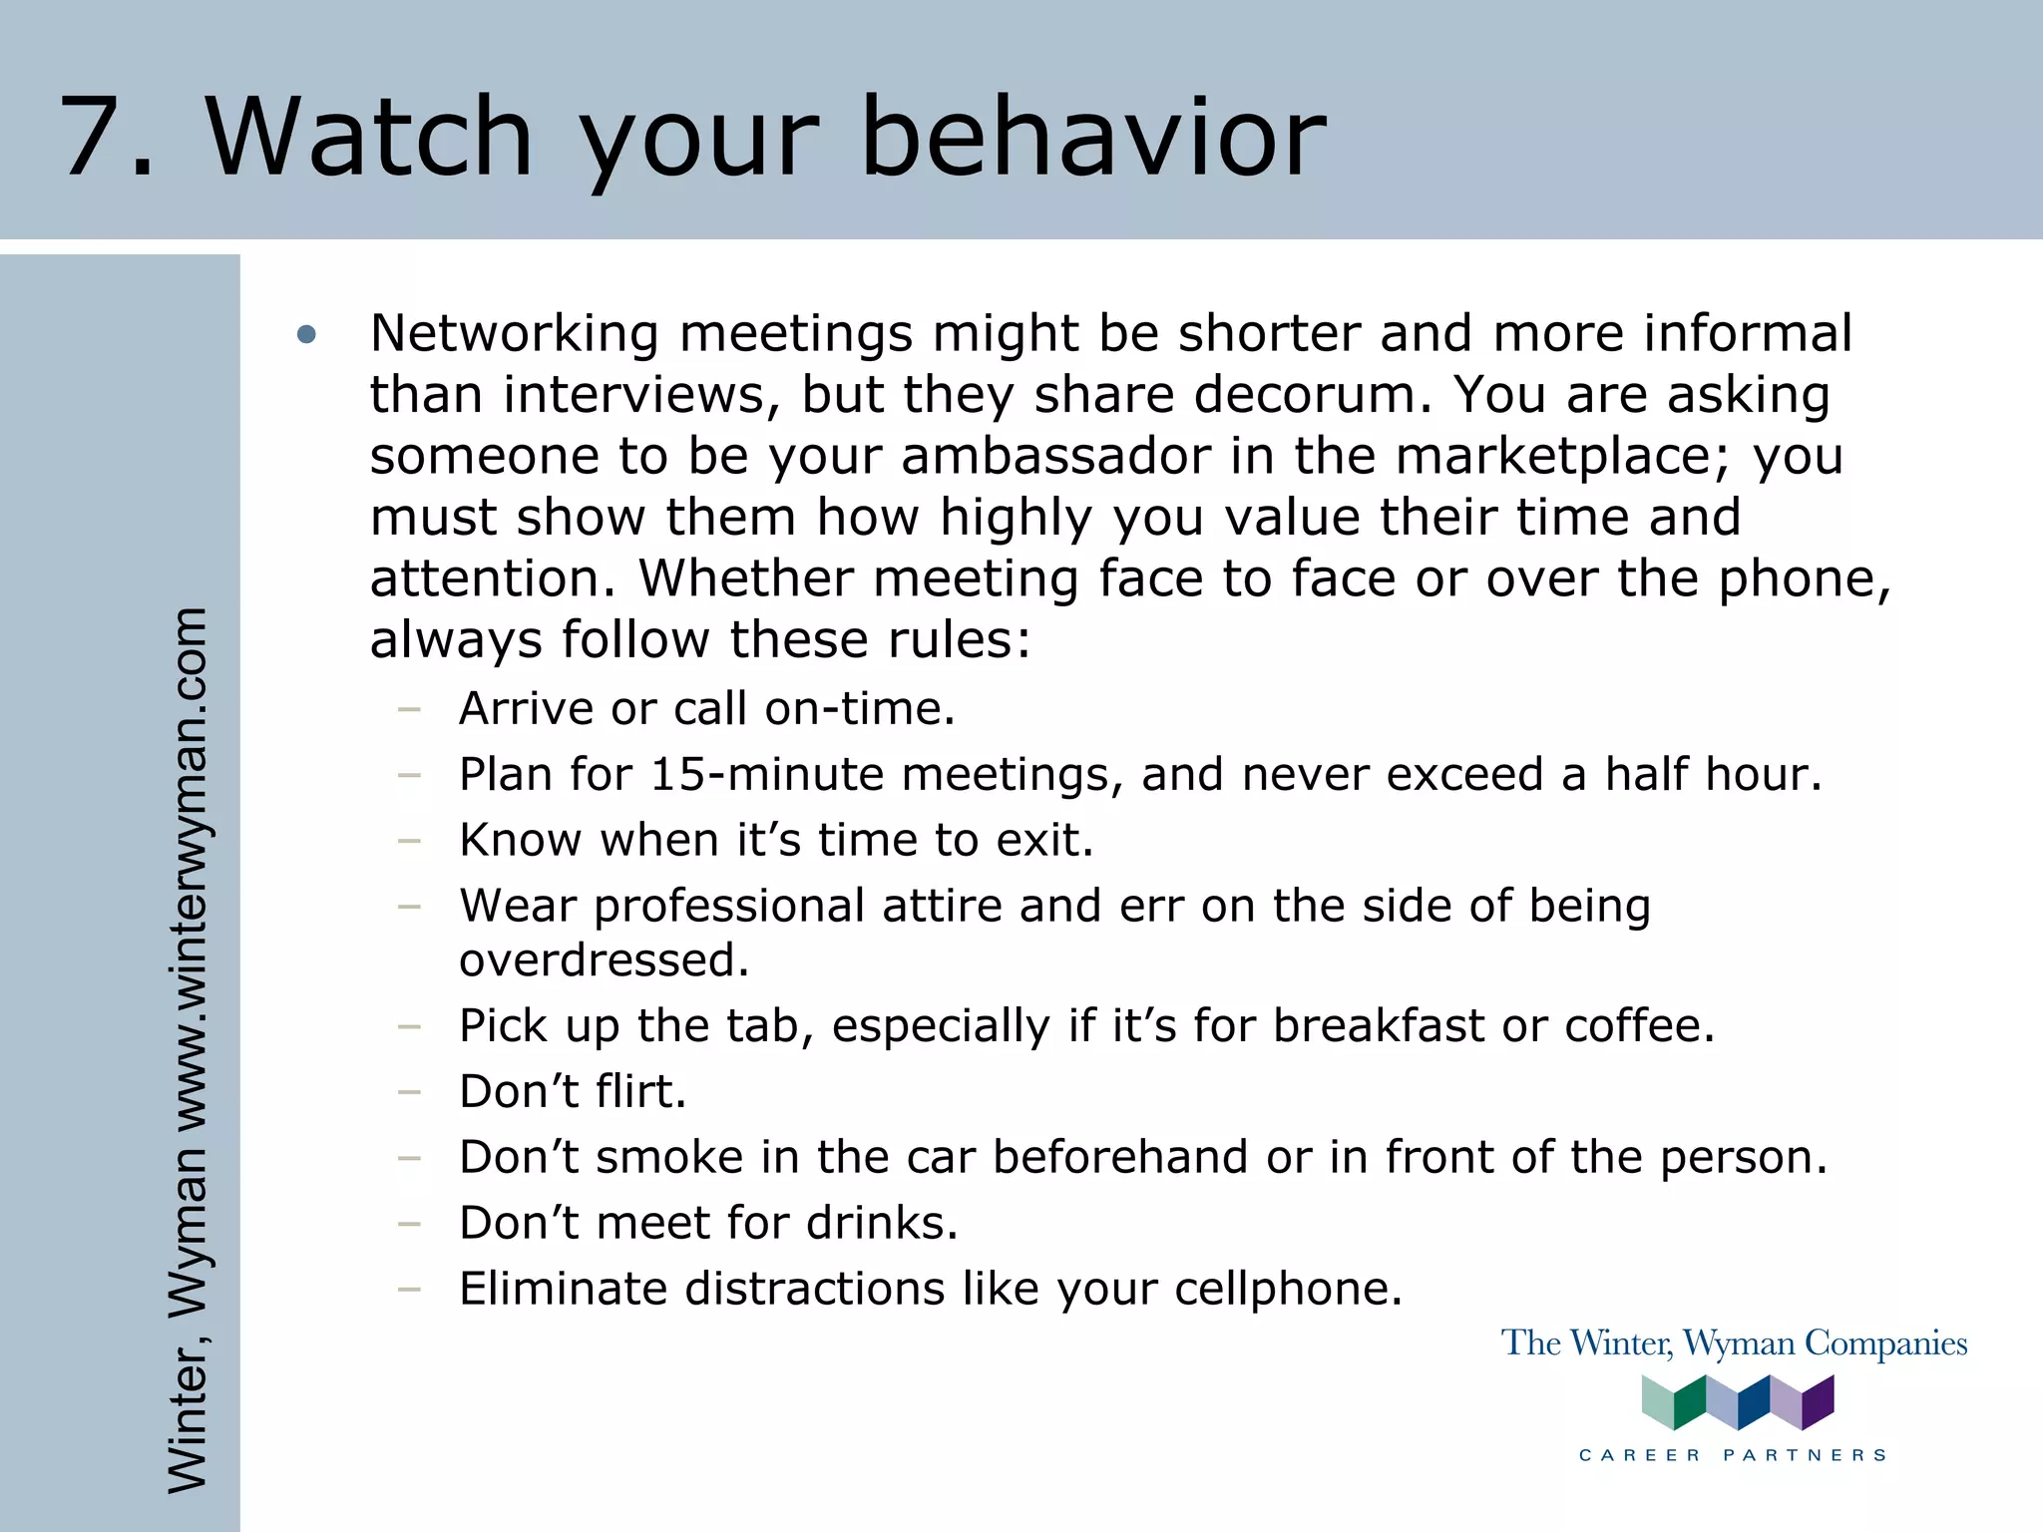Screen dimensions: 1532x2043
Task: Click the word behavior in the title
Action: click(1092, 137)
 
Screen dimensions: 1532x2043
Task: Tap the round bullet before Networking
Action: click(306, 335)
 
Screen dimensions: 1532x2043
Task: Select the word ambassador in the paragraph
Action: click(1055, 456)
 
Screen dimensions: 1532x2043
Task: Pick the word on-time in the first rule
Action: click(859, 709)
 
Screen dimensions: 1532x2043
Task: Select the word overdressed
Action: click(604, 960)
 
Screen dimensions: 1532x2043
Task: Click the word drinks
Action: click(881, 1224)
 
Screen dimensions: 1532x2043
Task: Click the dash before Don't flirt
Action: click(408, 1092)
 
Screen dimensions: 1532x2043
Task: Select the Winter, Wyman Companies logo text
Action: click(1734, 1343)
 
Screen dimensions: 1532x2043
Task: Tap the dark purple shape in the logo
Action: click(1819, 1401)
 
